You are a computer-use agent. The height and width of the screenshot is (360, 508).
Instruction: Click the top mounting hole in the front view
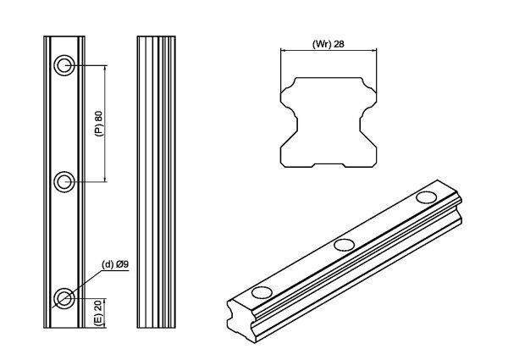pyautogui.click(x=64, y=66)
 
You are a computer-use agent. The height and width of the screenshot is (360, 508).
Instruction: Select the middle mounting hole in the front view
pyautogui.click(x=64, y=181)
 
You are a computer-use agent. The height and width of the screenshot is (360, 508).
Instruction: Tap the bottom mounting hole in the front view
pyautogui.click(x=64, y=296)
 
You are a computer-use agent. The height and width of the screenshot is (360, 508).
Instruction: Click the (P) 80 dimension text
pyautogui.click(x=98, y=124)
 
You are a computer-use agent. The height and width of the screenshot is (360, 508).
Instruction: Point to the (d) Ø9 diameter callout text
pyautogui.click(x=114, y=264)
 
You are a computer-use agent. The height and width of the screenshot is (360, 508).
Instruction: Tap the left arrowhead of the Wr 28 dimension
pyautogui.click(x=284, y=51)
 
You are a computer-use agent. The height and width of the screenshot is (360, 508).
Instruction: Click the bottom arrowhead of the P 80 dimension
pyautogui.click(x=105, y=179)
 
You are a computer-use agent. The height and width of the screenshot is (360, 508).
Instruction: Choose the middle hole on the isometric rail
pyautogui.click(x=344, y=245)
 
